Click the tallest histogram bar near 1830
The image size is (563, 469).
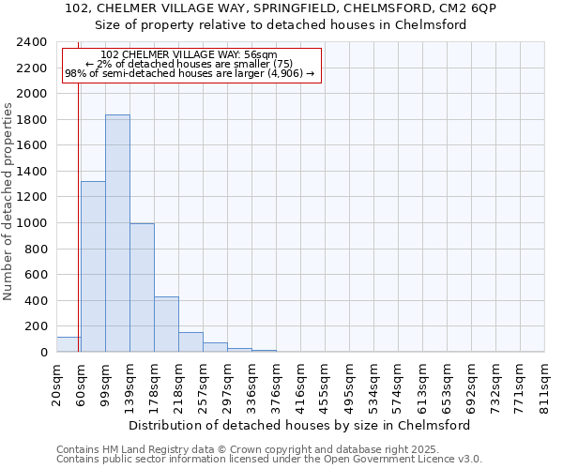click(x=117, y=234)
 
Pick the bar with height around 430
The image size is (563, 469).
click(x=166, y=325)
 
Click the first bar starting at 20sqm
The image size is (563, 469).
click(x=68, y=344)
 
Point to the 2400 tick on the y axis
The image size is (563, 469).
click(x=32, y=42)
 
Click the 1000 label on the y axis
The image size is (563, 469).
click(x=32, y=223)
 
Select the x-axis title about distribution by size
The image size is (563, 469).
click(x=299, y=425)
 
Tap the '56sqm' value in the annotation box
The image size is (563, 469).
click(x=259, y=55)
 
